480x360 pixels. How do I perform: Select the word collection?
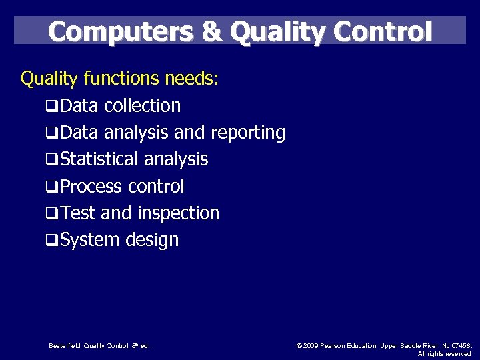[x=142, y=106]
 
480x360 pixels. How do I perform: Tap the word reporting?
[x=247, y=133]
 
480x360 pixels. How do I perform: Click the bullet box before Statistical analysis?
[x=51, y=161]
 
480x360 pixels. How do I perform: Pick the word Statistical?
[x=99, y=159]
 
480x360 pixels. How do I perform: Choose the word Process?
[x=91, y=187]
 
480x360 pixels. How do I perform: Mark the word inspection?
[x=178, y=213]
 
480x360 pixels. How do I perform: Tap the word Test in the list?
[x=78, y=213]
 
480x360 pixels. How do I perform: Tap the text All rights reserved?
[x=444, y=353]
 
